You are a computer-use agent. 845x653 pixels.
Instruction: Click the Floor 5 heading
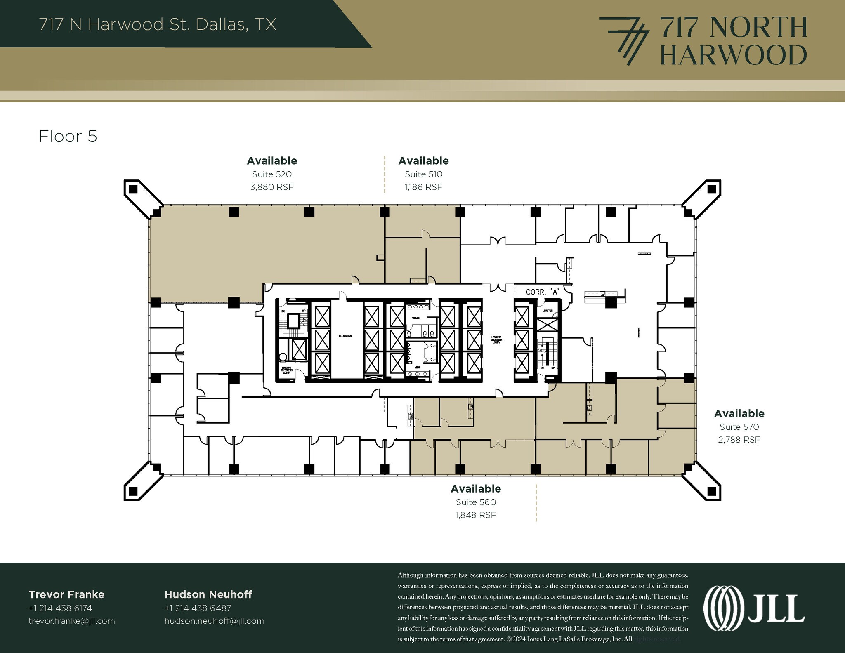coord(68,137)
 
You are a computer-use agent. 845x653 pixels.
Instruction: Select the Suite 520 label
coord(271,174)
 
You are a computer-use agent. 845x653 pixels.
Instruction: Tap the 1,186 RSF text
coord(423,187)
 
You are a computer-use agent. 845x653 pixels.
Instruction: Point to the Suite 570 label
coord(739,427)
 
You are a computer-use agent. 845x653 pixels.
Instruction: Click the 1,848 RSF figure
coord(475,515)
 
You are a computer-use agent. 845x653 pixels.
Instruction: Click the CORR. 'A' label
coord(542,292)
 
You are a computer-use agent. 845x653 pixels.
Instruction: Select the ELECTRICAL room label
coord(345,336)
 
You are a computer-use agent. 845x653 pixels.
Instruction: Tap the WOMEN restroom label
coord(415,318)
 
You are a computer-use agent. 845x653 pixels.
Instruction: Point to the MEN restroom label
coord(417,367)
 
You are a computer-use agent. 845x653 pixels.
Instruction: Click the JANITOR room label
coord(548,311)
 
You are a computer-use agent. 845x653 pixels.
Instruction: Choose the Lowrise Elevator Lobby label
coord(496,339)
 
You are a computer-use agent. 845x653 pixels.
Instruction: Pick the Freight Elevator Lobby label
coord(286,370)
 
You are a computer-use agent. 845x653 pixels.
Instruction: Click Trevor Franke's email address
coord(72,621)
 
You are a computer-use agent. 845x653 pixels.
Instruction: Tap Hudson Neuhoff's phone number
coord(198,608)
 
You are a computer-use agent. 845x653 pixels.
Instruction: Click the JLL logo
coord(754,608)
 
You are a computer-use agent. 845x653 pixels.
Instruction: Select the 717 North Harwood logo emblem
coord(623,40)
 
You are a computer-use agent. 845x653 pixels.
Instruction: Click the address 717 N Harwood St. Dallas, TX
coord(158,24)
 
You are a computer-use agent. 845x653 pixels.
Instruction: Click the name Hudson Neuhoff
coord(208,594)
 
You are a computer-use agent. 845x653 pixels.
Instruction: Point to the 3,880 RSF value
coord(271,187)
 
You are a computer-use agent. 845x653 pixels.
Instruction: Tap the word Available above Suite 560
coord(475,489)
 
